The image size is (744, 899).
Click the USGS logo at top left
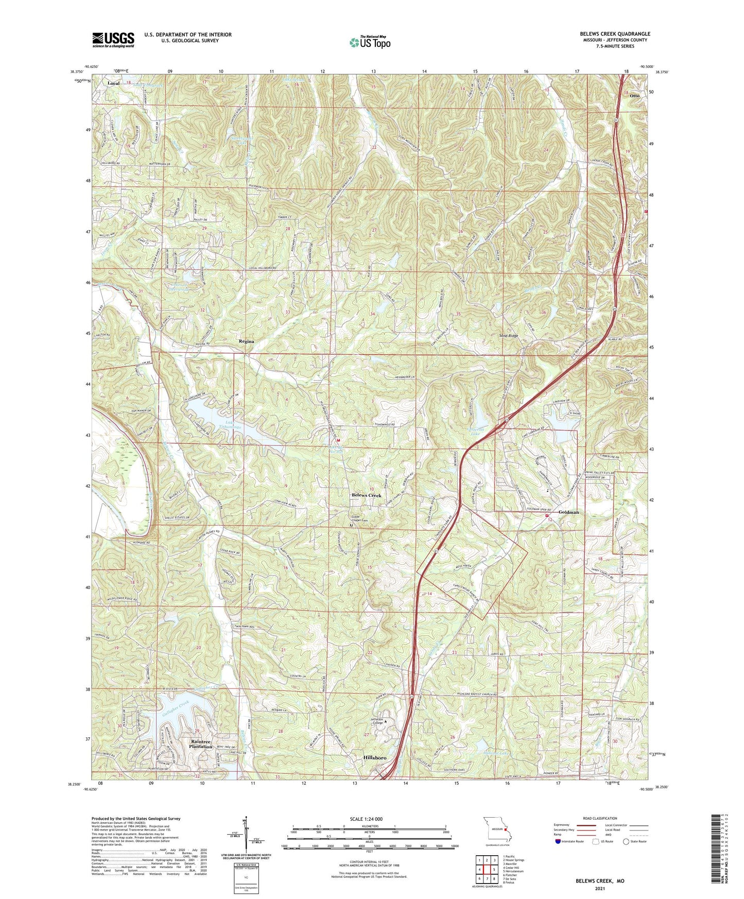[x=113, y=40]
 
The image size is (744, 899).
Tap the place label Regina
[x=246, y=341]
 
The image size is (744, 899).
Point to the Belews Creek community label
[x=366, y=495]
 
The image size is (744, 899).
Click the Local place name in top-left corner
[x=113, y=83]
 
